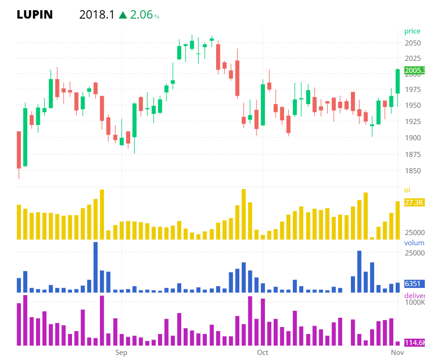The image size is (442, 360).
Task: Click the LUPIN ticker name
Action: [35, 15]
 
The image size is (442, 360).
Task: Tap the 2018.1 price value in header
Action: [97, 15]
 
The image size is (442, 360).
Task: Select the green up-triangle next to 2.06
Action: [123, 15]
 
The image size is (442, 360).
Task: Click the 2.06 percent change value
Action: [141, 15]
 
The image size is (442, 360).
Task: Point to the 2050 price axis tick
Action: [413, 43]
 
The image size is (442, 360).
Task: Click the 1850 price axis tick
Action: [413, 171]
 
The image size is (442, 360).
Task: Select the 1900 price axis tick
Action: [413, 138]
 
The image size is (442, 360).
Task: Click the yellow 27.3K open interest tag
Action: [414, 203]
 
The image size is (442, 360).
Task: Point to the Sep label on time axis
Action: [121, 353]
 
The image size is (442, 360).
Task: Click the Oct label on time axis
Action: [263, 353]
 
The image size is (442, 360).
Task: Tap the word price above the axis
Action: [412, 31]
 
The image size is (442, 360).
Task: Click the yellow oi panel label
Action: [407, 190]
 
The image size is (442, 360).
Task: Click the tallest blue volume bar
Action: [95, 267]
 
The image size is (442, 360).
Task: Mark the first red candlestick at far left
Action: [19, 150]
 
